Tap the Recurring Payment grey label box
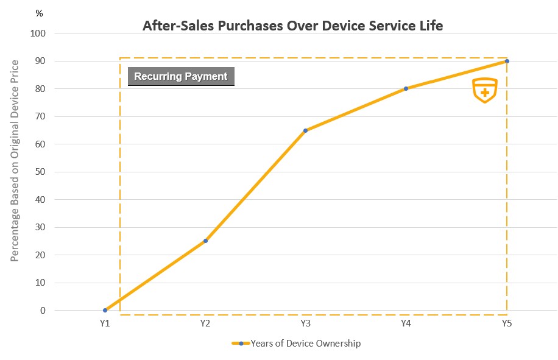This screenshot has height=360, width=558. point(181,77)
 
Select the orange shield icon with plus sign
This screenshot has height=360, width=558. point(485,90)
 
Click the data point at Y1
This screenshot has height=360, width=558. point(105,310)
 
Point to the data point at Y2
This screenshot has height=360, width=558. point(205,241)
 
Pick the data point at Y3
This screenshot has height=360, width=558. point(305,130)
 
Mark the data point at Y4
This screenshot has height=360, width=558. point(406,88)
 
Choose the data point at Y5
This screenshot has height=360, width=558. point(507,61)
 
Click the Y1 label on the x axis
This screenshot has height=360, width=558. point(105,323)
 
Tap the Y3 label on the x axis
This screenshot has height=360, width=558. point(306,323)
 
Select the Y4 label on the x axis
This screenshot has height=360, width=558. point(406,323)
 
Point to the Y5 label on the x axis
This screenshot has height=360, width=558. point(507,323)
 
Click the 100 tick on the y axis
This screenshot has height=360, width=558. point(38,33)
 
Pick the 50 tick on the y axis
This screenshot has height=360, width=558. point(40,172)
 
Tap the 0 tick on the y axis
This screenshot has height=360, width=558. point(43,311)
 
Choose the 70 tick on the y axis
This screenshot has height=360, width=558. point(40,116)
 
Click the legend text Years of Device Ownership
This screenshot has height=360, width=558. point(306,344)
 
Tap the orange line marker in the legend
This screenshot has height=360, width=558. point(241,344)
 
